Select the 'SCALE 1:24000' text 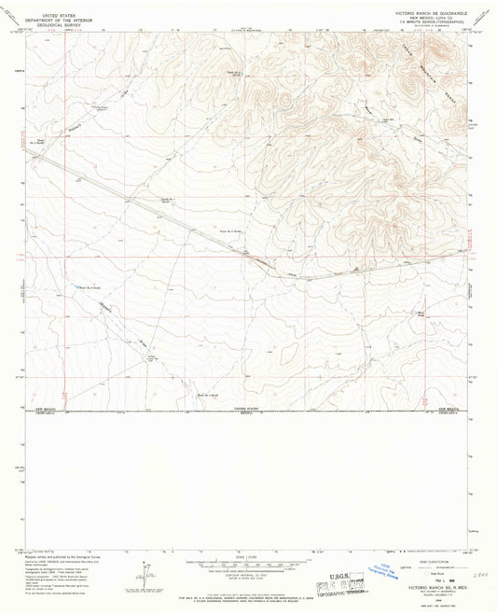(x=247, y=556)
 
